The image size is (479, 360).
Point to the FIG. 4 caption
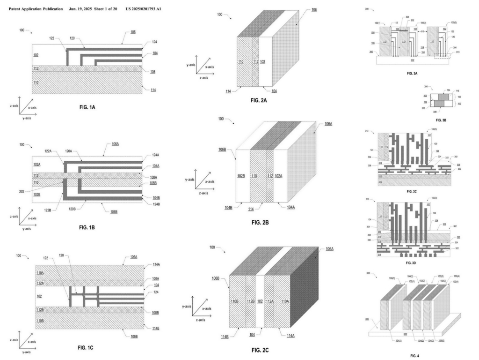tap(414, 356)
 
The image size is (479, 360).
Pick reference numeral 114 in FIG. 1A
tap(153, 90)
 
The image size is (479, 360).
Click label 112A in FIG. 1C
tap(40, 282)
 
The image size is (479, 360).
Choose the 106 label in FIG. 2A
tap(314, 9)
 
